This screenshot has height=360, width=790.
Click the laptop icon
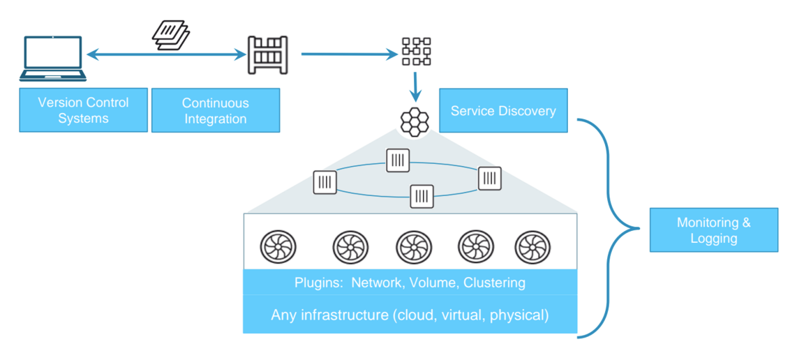[53, 59]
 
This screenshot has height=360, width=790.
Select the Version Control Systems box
[83, 110]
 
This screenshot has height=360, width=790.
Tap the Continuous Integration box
[215, 110]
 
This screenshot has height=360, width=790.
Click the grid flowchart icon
[417, 52]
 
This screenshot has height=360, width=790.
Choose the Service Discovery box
[502, 111]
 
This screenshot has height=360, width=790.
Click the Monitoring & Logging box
[713, 230]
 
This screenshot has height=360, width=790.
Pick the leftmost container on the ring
[325, 183]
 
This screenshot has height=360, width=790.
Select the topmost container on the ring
[397, 160]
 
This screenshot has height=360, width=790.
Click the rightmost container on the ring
[489, 178]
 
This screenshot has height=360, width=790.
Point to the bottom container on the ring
[422, 196]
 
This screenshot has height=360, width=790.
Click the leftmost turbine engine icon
[278, 247]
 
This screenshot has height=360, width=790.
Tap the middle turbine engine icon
[413, 247]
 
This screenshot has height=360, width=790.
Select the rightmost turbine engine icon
[532, 247]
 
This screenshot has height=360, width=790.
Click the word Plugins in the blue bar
[318, 283]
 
